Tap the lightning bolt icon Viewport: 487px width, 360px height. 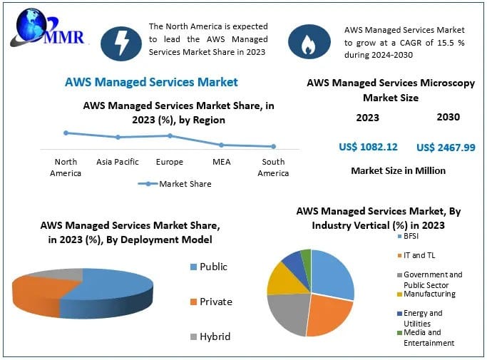[x=122, y=43]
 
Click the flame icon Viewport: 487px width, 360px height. [x=308, y=43]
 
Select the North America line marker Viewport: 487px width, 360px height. [x=66, y=133]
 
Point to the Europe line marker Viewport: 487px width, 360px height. [x=170, y=135]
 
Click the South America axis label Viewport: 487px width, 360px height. [x=273, y=168]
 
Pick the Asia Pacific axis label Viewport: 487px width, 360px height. [x=118, y=162]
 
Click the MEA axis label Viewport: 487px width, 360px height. [x=221, y=162]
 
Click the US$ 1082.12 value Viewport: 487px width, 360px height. [x=368, y=147]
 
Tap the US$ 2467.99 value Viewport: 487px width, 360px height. [x=446, y=147]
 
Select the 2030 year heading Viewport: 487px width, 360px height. [x=448, y=117]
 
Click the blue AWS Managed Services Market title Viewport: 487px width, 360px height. [x=151, y=82]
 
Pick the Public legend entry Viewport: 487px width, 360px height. [x=207, y=267]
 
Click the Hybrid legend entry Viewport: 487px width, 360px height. [x=208, y=336]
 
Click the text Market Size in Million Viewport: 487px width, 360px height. [x=398, y=170]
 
